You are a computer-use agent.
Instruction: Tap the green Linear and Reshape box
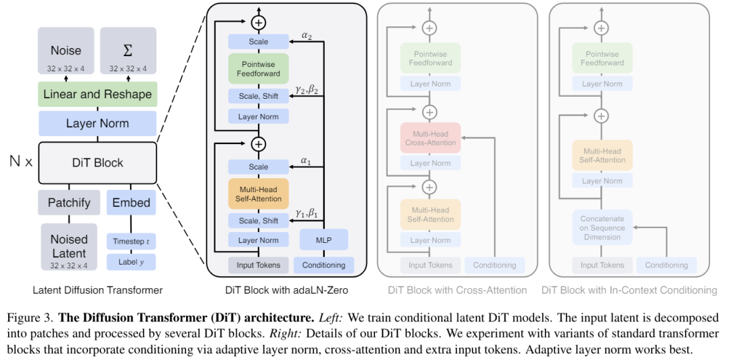tap(97, 94)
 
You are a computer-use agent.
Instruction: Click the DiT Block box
tap(97, 162)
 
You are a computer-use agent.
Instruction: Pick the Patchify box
tap(69, 202)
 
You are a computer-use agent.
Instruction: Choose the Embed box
tap(131, 202)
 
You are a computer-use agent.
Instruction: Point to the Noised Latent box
tap(69, 245)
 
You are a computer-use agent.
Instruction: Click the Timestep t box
tap(131, 241)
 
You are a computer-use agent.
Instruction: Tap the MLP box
tap(324, 240)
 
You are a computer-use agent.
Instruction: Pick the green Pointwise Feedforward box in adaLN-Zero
tap(258, 68)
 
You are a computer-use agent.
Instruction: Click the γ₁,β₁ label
tap(307, 214)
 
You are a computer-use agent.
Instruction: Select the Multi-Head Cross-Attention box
tap(430, 138)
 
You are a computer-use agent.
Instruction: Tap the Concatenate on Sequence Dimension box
tap(602, 227)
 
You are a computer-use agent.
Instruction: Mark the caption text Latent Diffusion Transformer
tap(97, 290)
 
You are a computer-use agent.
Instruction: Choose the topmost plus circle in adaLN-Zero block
tap(258, 22)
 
